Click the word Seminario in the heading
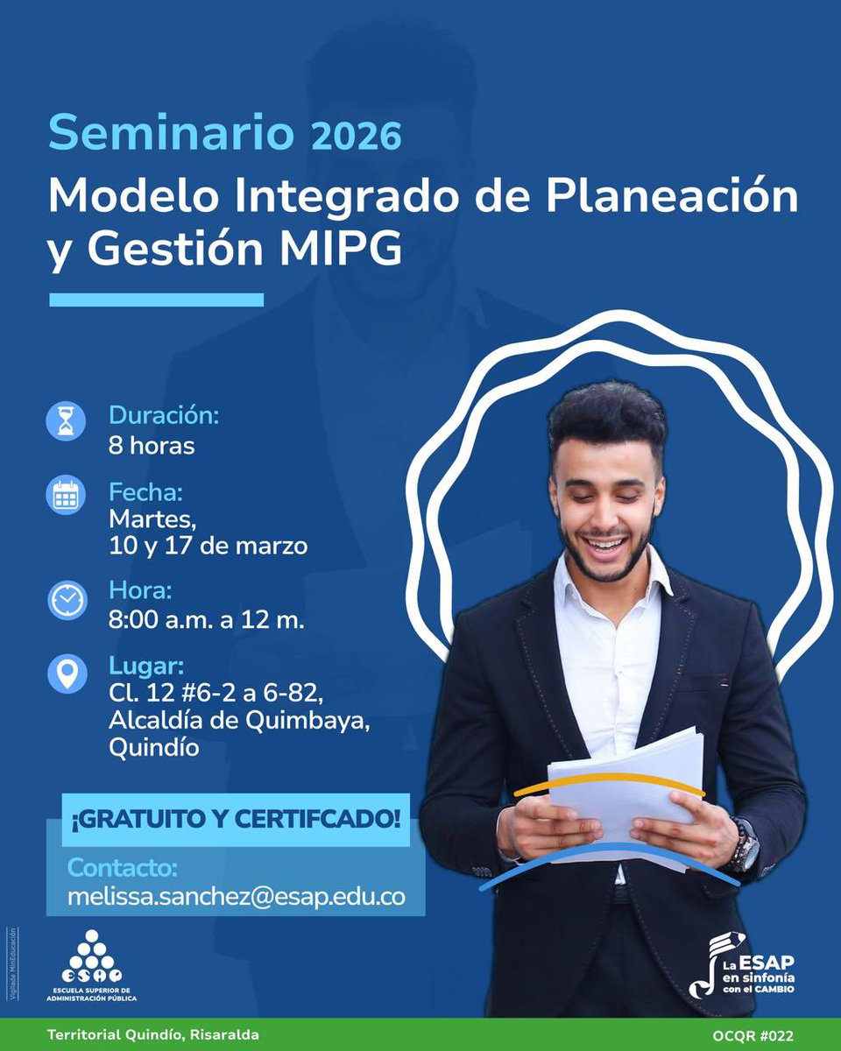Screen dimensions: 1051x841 coord(171,133)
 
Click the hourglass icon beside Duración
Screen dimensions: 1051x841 coord(67,421)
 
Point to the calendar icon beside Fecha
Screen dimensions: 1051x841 coord(67,495)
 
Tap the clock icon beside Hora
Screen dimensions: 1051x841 coord(67,600)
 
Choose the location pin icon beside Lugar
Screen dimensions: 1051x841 coord(67,674)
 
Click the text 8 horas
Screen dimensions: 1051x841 coord(152,445)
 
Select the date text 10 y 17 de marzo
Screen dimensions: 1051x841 coord(208,547)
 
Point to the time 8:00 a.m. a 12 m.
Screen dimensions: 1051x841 coord(207,620)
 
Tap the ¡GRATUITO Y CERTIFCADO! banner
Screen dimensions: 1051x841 coord(235,820)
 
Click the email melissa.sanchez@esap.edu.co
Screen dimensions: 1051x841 coord(237,898)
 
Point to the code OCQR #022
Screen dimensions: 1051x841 coord(753,1035)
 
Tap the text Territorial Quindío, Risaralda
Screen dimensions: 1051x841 coord(153,1035)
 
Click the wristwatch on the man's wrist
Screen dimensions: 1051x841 coord(746,845)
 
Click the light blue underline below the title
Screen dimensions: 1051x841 coord(156,300)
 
